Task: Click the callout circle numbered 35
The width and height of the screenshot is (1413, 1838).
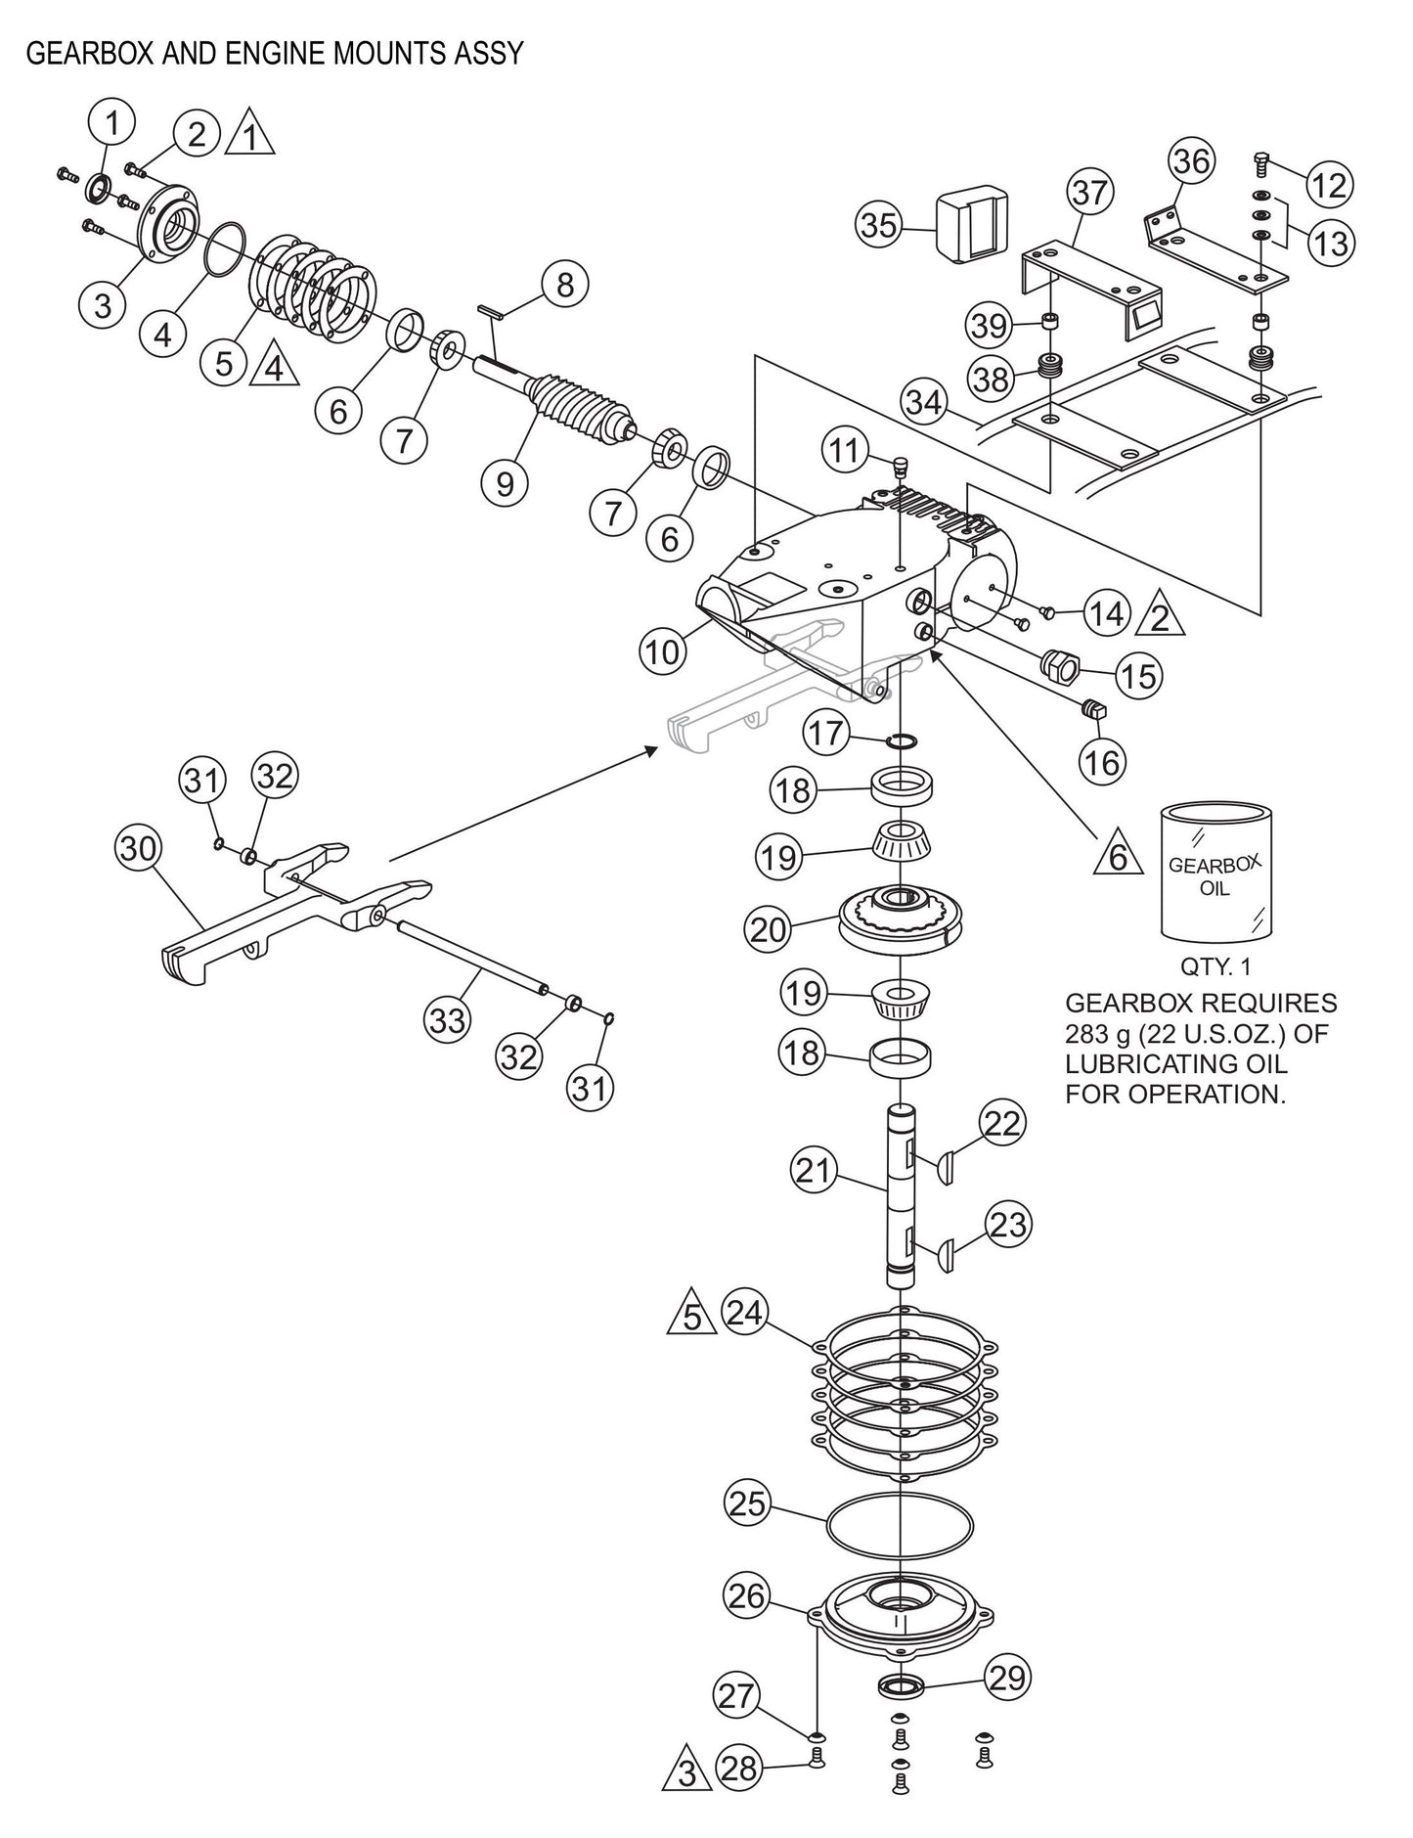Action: point(878,225)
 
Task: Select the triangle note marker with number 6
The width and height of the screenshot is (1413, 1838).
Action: point(1120,858)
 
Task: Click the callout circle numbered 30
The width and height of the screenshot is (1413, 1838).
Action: point(138,849)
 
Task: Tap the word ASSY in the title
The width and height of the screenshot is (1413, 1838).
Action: point(491,53)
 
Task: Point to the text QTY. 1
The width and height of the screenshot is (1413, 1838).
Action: point(1216,967)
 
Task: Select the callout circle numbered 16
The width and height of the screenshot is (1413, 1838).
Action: point(1103,761)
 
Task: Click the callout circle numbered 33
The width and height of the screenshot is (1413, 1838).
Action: point(447,1021)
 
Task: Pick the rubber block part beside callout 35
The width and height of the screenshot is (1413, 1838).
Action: point(971,227)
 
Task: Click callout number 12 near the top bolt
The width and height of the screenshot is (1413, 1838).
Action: point(1329,184)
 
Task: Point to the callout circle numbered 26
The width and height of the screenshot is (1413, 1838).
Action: point(748,1595)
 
